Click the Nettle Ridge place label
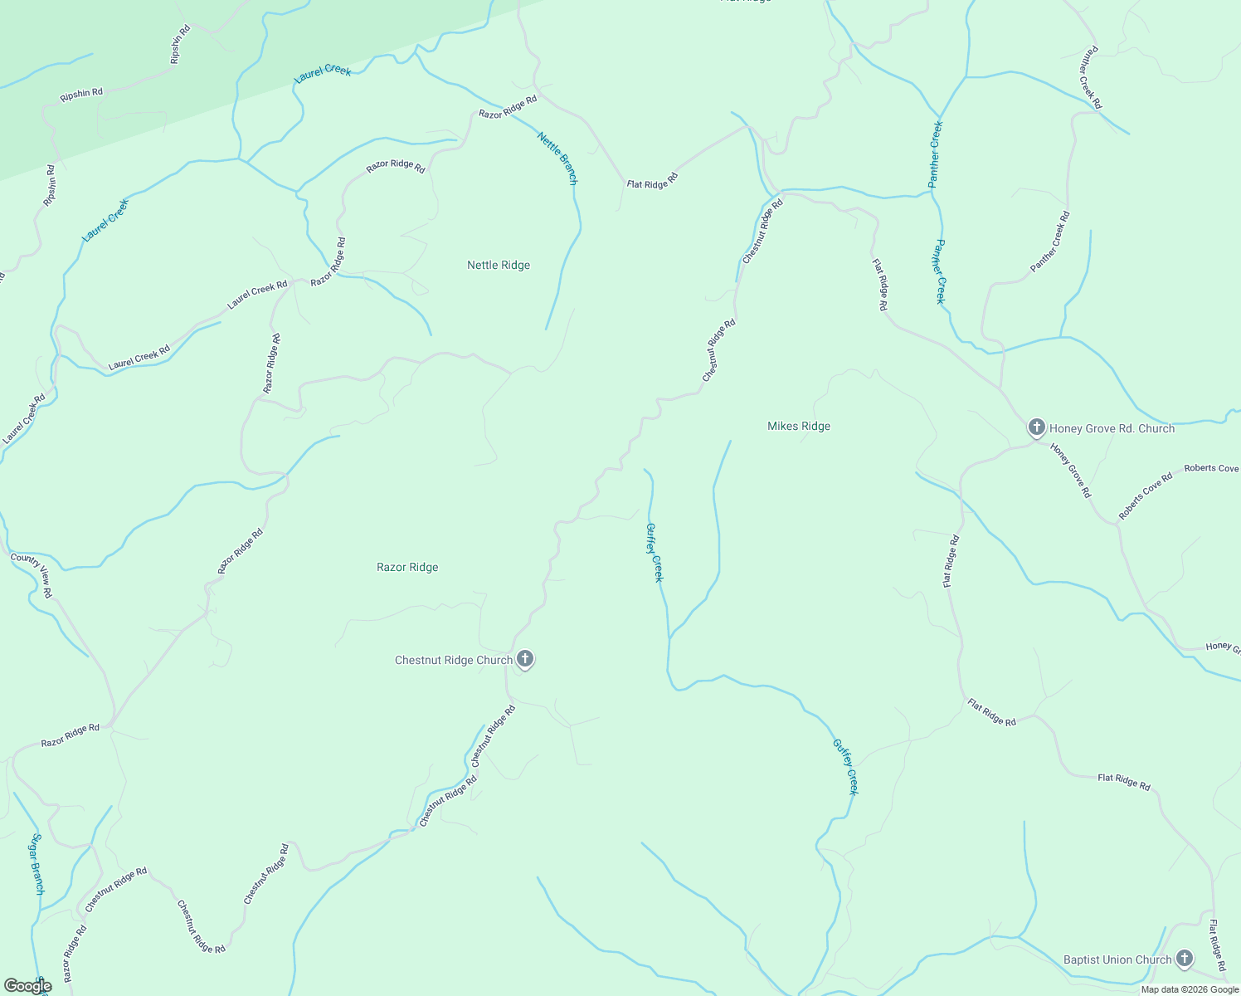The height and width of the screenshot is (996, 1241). point(498,266)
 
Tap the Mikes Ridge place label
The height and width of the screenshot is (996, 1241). point(798,427)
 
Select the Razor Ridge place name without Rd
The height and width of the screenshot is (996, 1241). point(407,568)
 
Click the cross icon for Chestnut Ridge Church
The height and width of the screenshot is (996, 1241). point(524,660)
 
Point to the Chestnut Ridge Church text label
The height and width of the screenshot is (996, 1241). point(453,661)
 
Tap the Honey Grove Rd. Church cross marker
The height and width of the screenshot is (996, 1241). point(1036,428)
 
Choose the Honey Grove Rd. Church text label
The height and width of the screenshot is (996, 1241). point(1112,429)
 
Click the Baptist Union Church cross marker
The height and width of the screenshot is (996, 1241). point(1185,959)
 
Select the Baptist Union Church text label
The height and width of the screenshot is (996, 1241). point(1117,960)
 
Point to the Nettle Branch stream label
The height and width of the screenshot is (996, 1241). point(557,158)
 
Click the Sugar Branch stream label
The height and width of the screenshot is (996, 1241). point(36,864)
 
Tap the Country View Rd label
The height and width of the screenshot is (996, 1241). point(32,575)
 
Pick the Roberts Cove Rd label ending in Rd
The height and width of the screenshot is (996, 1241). point(1145,496)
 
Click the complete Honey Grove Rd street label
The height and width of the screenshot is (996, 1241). point(1070,470)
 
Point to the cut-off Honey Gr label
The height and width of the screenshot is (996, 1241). point(1223,647)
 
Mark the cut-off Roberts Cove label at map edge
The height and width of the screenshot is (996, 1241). point(1211,468)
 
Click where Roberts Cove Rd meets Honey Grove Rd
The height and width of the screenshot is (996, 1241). point(1117,524)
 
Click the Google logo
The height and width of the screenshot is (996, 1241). point(27,986)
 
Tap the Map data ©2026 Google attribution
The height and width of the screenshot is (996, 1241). point(1189,989)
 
